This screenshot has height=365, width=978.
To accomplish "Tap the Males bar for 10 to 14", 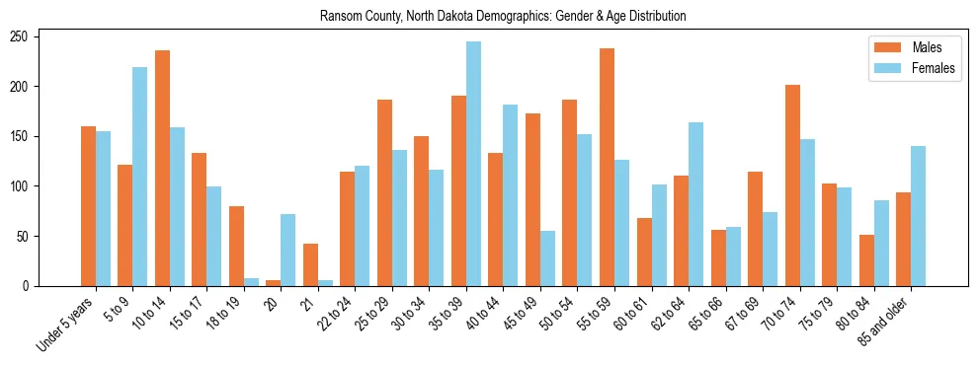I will (x=162, y=168).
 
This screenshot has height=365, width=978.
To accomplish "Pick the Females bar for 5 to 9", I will (x=139, y=177).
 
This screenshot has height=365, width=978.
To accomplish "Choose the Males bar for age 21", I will (x=310, y=264).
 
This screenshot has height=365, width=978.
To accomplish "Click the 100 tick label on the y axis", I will (x=25, y=186).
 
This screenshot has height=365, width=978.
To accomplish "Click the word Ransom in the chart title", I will (x=338, y=17).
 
